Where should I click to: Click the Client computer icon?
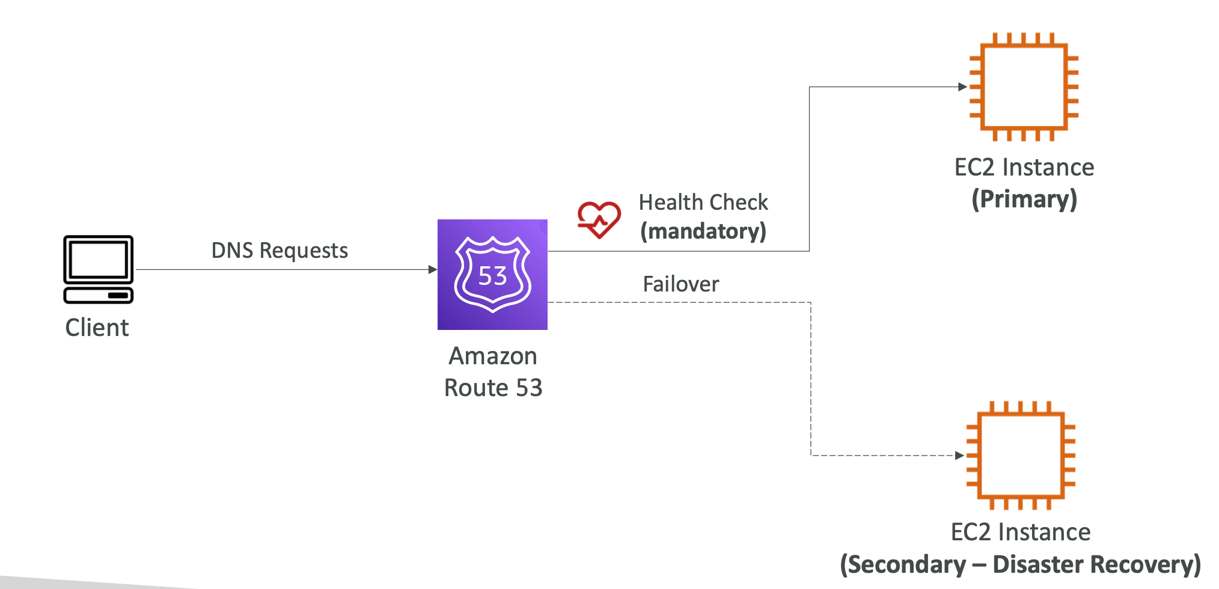tap(99, 269)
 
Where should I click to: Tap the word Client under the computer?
tap(97, 328)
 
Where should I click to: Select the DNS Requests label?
tap(280, 251)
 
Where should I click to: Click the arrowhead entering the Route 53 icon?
tap(432, 270)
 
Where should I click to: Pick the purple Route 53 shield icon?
tap(492, 274)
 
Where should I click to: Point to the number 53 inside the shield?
tap(492, 276)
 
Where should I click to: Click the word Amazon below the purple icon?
tap(492, 356)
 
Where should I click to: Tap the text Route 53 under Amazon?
tap(493, 388)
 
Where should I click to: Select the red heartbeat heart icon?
tap(599, 219)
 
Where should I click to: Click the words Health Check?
tap(703, 203)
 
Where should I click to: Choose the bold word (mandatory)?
tap(703, 231)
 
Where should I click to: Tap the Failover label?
tap(680, 284)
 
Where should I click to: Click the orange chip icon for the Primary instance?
tap(1024, 87)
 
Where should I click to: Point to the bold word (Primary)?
tap(1024, 200)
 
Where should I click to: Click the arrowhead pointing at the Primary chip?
tap(962, 87)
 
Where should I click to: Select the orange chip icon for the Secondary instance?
tap(1021, 455)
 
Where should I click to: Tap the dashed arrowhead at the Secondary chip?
tap(959, 456)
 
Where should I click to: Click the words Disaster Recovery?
tap(1096, 565)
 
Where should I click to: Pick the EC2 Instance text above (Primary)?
tap(1024, 168)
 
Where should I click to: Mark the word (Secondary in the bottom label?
tap(903, 565)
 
